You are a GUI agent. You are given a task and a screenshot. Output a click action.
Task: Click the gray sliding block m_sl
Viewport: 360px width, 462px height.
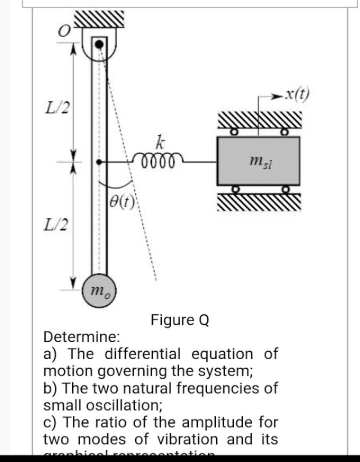pos(258,161)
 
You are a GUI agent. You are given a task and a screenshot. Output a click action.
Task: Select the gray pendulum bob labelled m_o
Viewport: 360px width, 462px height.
pos(99,290)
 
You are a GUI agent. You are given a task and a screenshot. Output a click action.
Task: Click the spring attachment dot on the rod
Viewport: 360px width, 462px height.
pos(99,162)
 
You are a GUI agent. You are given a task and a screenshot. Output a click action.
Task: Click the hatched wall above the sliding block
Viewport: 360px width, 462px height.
pos(259,120)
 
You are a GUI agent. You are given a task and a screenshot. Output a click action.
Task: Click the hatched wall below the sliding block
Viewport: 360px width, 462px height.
pos(259,202)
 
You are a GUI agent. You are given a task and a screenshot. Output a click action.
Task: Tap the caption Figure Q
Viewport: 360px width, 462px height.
pos(179,319)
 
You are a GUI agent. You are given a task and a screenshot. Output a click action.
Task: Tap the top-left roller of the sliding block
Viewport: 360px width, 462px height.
pos(233,133)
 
